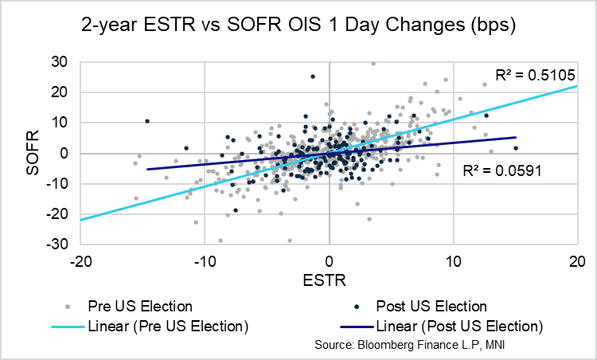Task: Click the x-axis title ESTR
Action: click(329, 280)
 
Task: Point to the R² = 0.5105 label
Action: click(530, 76)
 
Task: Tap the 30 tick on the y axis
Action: click(60, 61)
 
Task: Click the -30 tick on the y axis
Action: click(57, 245)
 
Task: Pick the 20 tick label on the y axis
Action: click(60, 92)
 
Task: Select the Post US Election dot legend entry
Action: click(425, 306)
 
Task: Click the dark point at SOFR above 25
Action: click(313, 76)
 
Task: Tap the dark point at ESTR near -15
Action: click(147, 121)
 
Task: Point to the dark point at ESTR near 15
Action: click(516, 148)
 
